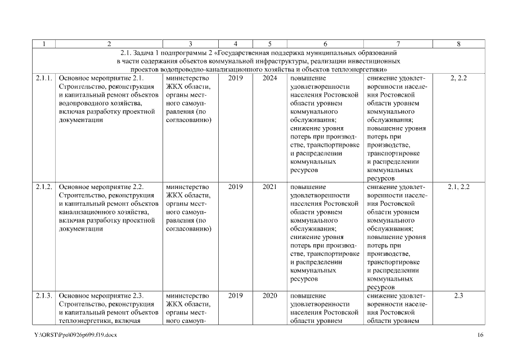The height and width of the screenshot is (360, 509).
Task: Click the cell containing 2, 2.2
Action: [x=459, y=79]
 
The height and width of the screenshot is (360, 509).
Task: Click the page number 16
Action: [x=481, y=335]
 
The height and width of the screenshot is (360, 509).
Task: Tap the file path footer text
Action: [x=75, y=335]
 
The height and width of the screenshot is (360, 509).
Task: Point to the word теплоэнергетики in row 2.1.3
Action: [x=85, y=321]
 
